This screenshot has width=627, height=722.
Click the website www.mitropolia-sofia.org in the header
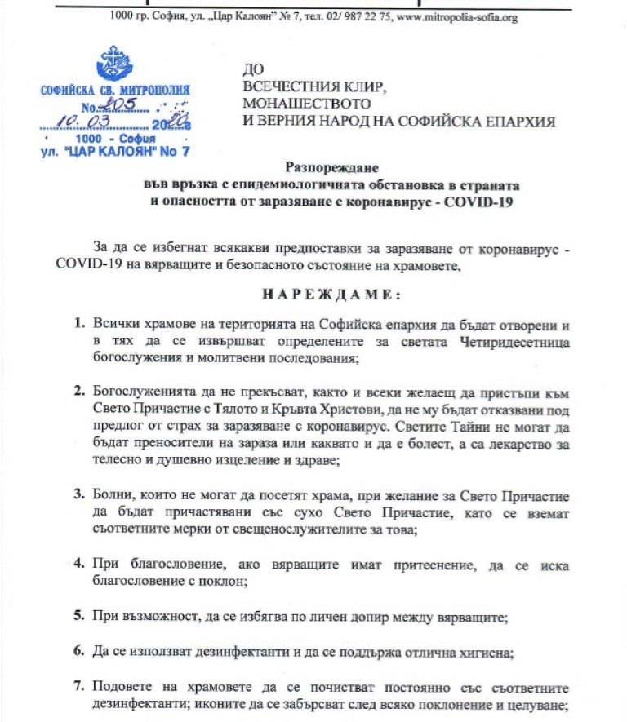pyautogui.click(x=454, y=17)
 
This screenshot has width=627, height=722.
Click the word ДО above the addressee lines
pyautogui.click(x=253, y=70)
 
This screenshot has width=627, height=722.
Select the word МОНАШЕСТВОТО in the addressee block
pyautogui.click(x=306, y=104)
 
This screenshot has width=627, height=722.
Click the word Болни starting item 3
pyautogui.click(x=110, y=495)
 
